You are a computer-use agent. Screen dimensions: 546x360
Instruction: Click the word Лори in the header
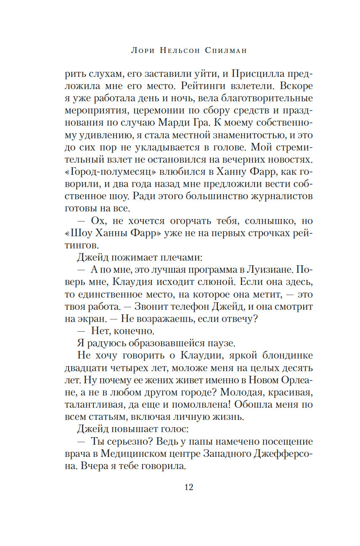tap(144, 51)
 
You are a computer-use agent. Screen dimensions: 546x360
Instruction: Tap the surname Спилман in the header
tap(222, 51)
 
